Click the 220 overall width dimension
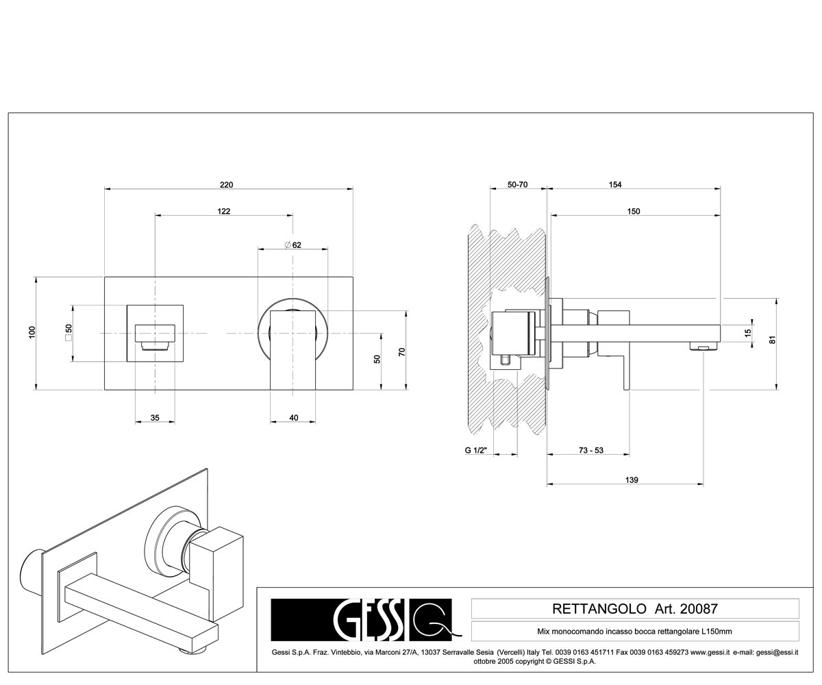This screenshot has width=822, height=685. pyautogui.click(x=226, y=185)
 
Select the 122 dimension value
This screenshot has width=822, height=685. pyautogui.click(x=223, y=212)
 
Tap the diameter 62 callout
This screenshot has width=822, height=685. pyautogui.click(x=293, y=245)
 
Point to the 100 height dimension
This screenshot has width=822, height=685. pyautogui.click(x=32, y=332)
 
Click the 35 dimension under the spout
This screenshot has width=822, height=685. pyautogui.click(x=155, y=418)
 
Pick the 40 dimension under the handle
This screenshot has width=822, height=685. pyautogui.click(x=294, y=418)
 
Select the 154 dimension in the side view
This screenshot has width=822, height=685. pyautogui.click(x=615, y=185)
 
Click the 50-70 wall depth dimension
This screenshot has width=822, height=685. pyautogui.click(x=517, y=185)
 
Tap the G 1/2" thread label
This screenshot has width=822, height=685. pyautogui.click(x=476, y=450)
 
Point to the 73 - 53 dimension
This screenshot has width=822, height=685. pyautogui.click(x=591, y=450)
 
